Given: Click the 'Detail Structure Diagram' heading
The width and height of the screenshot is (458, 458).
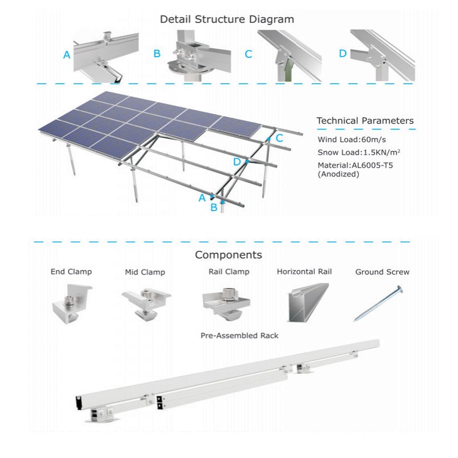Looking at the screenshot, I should (227, 19).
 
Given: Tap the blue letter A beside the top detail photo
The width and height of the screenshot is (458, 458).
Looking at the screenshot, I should (67, 56).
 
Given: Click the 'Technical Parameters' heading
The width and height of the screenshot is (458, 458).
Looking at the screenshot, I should (365, 121).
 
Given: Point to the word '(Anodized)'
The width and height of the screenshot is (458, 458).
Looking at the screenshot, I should (338, 174).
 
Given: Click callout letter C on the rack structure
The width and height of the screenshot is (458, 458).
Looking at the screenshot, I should (279, 138).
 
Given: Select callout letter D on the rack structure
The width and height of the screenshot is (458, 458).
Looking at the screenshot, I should (237, 162).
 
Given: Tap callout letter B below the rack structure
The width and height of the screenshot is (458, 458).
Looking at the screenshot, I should (214, 207).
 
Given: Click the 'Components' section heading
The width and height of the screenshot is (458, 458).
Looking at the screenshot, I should (228, 255).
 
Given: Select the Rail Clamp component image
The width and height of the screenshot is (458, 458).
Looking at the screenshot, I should (227, 302).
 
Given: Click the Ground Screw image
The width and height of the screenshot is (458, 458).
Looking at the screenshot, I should (378, 303).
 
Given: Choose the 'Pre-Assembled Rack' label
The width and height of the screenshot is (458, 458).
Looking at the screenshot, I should (239, 335).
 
